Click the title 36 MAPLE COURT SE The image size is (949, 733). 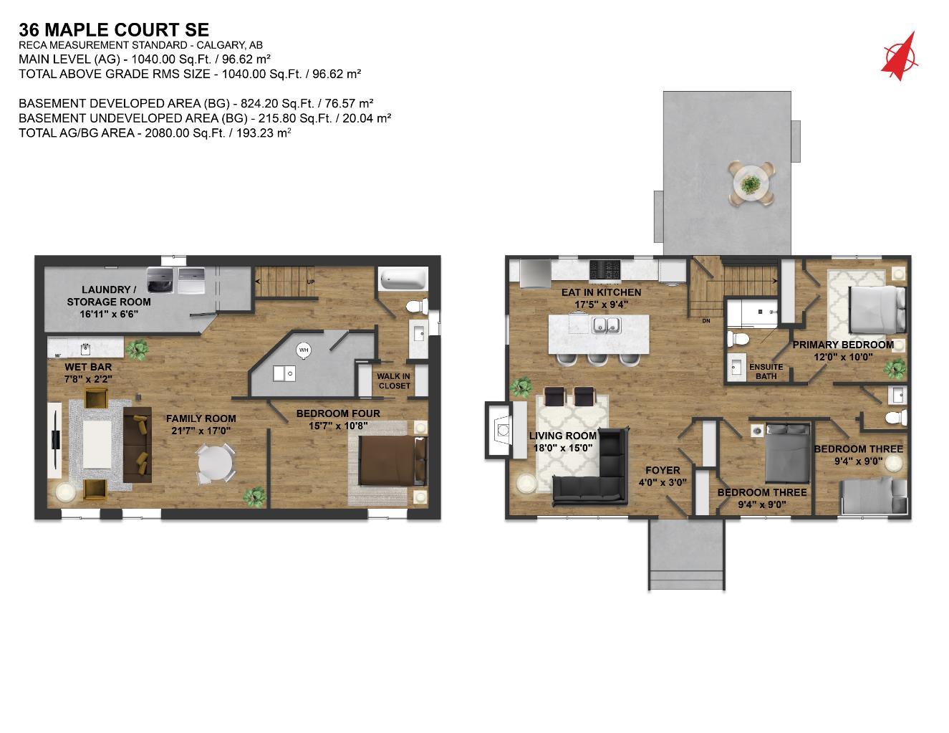(x=114, y=29)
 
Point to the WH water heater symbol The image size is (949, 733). (x=304, y=350)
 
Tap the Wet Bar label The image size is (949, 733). (x=88, y=373)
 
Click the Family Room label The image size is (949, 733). (x=201, y=424)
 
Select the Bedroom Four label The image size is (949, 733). (x=338, y=419)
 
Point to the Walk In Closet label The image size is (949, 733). (x=394, y=380)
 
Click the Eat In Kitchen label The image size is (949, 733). (x=601, y=298)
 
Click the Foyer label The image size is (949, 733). (x=663, y=476)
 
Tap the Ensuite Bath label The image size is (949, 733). (x=766, y=371)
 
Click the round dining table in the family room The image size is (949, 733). (x=216, y=464)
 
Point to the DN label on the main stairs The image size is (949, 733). (x=705, y=320)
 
